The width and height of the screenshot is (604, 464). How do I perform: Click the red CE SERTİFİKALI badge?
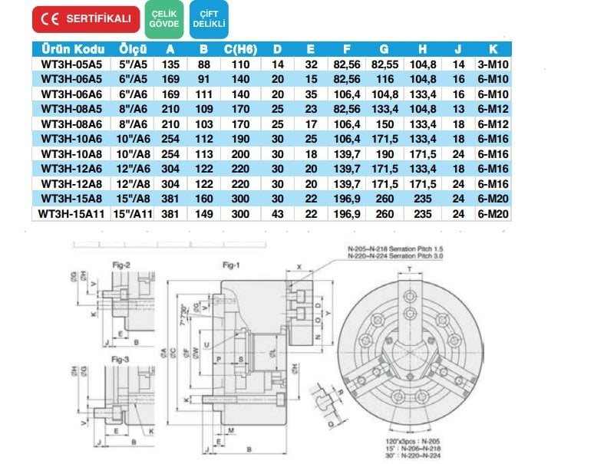click(x=86, y=18)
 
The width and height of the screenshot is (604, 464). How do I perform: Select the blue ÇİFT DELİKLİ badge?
click(x=210, y=18)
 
